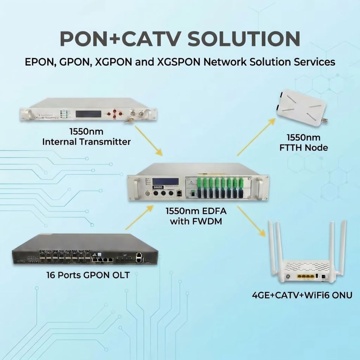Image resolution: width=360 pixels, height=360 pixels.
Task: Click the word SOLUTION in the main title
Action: (244, 38)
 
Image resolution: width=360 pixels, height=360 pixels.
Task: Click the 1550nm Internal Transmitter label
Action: (86, 137)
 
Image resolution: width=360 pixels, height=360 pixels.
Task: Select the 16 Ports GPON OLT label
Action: (88, 275)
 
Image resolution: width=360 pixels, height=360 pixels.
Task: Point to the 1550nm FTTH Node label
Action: (303, 142)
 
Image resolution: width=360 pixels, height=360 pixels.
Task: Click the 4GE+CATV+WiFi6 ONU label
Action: (302, 295)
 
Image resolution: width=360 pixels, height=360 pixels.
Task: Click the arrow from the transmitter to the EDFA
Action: (149, 141)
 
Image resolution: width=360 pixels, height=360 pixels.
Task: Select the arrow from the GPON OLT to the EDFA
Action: (139, 217)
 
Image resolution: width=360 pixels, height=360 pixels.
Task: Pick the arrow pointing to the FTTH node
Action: (256, 137)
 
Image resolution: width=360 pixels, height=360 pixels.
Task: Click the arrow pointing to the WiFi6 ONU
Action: (251, 221)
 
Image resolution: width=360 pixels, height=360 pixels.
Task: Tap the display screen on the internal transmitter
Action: (88, 114)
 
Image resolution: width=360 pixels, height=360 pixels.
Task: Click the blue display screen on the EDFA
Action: (165, 181)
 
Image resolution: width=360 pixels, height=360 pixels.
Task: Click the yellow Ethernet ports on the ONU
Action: (305, 277)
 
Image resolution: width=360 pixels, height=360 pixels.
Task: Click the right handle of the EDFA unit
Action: (260, 187)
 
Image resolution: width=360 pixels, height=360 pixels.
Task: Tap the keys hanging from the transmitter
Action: (129, 120)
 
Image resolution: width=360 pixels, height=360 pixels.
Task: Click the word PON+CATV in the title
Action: (119, 38)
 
